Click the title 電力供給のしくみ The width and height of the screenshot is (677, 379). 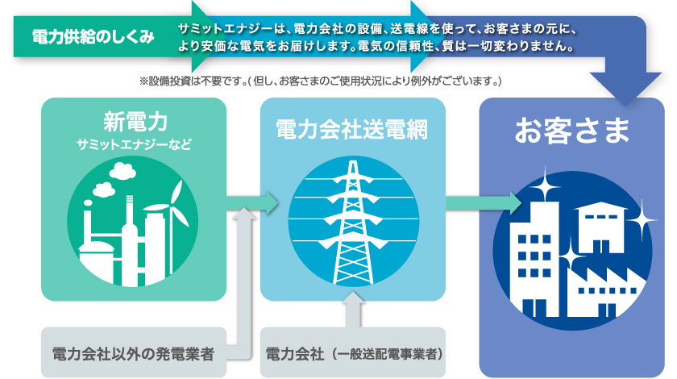pos(93,37)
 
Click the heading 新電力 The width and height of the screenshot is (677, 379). pos(135,122)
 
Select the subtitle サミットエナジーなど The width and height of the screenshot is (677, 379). pos(134,144)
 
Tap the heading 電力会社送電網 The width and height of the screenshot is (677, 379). pos(352,130)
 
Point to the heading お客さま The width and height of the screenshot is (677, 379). pos(571,130)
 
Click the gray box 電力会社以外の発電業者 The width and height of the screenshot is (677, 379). pos(134,352)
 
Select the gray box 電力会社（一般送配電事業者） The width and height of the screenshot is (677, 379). pos(353,352)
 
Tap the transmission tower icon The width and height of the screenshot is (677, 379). pos(353,222)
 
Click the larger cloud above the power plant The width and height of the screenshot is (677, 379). pos(123,171)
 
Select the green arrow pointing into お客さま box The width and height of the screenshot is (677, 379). pos(484,203)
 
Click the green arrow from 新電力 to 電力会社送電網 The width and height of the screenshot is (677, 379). pos(252,202)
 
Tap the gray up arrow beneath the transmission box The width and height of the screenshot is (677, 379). pos(354,309)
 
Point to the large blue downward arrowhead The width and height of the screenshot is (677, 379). pos(625,88)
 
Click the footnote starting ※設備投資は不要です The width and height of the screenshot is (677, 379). pos(320,81)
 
